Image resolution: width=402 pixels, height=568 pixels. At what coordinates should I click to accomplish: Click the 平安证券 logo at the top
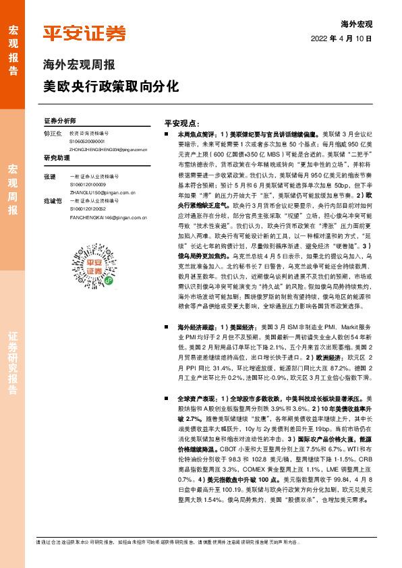pos(84,34)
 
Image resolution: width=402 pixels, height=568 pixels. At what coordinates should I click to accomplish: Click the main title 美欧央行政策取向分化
pos(111,86)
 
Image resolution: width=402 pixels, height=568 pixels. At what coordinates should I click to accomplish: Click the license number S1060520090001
pos(87,142)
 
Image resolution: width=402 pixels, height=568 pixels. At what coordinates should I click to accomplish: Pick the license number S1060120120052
pos(87,208)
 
